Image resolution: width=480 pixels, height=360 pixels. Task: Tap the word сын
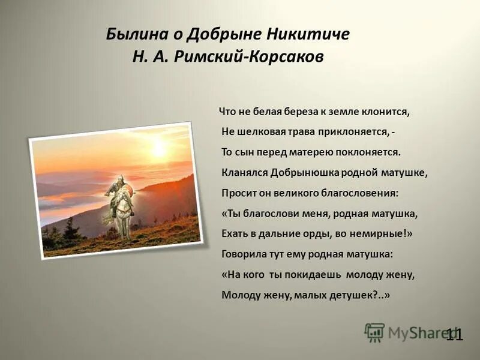coord(245,152)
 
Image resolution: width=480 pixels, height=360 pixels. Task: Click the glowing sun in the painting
coord(159,148)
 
